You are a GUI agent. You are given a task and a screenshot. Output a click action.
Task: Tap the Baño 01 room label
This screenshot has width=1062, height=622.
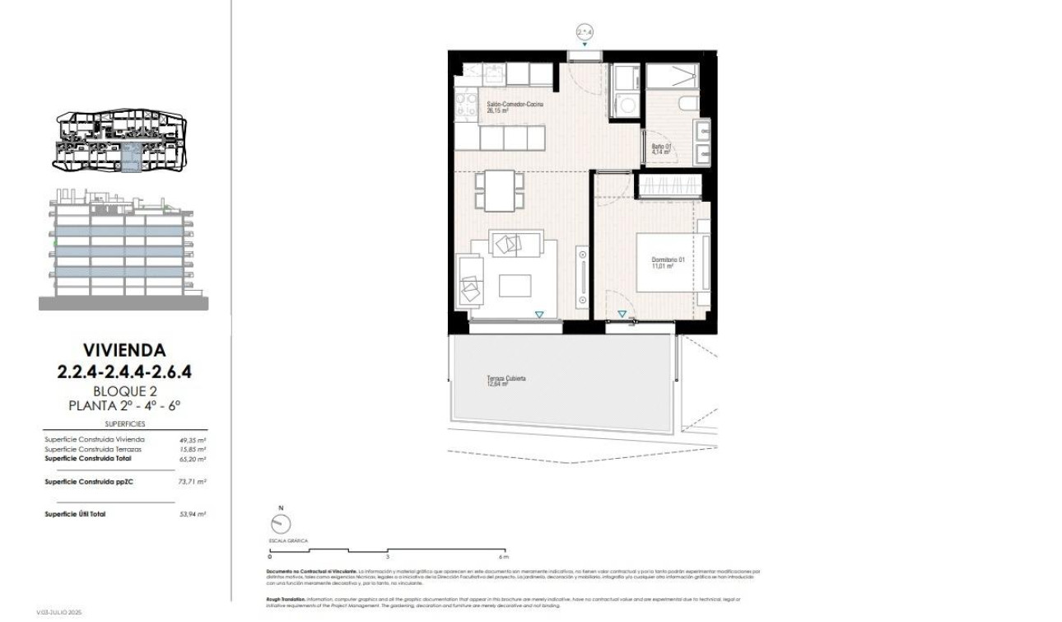point(662,149)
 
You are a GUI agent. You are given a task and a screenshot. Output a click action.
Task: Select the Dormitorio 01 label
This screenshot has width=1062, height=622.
point(668,263)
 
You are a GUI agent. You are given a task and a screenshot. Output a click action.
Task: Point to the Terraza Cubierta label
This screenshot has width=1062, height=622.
point(505,381)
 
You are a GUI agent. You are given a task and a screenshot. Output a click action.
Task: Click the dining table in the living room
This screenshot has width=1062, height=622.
point(498,190)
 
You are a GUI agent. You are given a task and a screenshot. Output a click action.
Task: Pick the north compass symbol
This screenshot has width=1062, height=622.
point(280,523)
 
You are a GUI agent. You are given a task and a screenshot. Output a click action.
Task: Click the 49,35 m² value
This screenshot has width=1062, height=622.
point(192,440)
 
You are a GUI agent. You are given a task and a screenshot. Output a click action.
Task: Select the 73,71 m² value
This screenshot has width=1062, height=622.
point(192,481)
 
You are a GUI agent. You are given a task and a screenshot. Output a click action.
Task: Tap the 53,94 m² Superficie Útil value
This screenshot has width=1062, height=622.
point(192,514)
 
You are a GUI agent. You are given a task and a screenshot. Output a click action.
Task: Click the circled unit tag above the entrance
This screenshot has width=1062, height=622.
point(585,32)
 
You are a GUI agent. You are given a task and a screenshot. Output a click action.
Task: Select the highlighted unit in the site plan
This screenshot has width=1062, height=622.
point(132,157)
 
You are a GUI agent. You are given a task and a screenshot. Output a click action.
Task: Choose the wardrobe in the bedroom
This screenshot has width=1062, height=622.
point(671,185)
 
